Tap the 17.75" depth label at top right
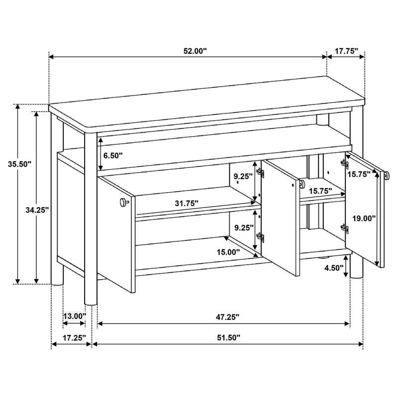click(x=346, y=51)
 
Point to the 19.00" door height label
click(x=363, y=217)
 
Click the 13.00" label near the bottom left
click(x=74, y=316)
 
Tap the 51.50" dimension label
click(x=226, y=337)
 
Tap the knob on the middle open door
click(x=301, y=185)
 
